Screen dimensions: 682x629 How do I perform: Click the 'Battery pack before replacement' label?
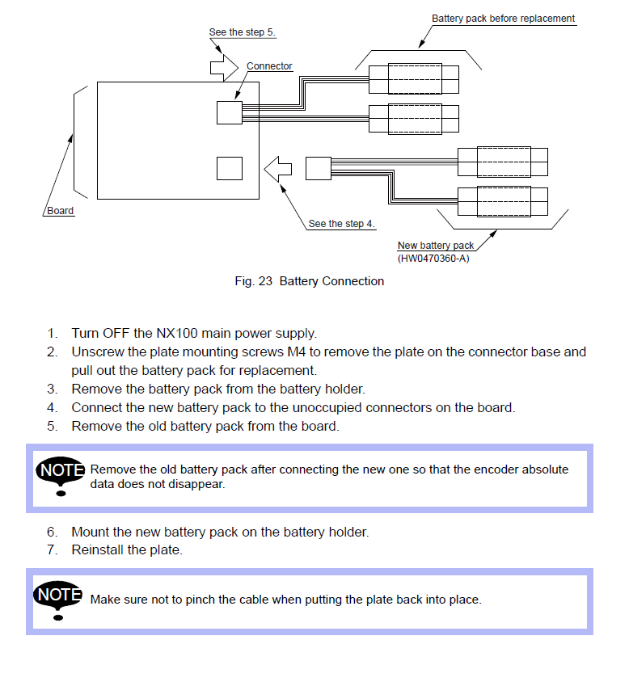coord(503,19)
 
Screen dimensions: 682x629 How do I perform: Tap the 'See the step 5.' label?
coord(243,32)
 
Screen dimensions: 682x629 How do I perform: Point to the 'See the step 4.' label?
coord(341,224)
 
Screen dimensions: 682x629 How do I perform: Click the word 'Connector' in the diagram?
coord(269,66)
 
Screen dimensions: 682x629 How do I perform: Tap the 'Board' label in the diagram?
coord(60,212)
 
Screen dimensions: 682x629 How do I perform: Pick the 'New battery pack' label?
coord(436,246)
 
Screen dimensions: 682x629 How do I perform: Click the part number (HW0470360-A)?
coord(433,259)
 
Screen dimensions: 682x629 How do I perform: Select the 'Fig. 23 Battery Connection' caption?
coord(309,281)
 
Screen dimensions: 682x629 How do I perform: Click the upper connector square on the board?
coord(230,112)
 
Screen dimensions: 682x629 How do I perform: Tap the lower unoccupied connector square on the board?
coord(230,168)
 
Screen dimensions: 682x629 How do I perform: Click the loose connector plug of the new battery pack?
coord(318,168)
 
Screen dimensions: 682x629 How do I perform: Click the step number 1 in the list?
coord(52,333)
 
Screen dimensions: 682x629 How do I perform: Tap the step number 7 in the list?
coord(52,550)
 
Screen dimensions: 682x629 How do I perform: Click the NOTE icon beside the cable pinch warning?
coord(61,599)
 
